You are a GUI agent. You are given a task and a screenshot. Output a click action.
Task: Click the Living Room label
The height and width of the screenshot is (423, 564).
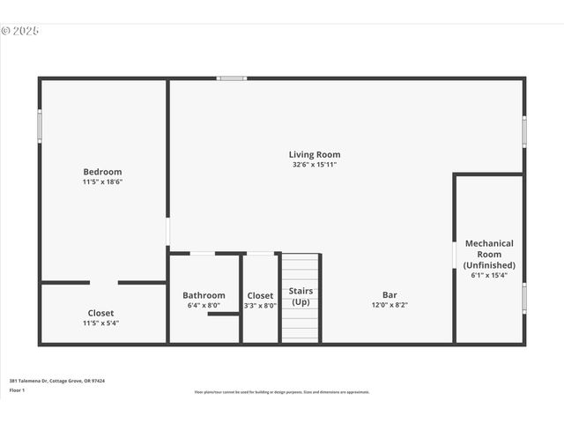315,155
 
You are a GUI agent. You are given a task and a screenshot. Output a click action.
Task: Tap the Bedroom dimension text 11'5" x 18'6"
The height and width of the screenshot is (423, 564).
102,182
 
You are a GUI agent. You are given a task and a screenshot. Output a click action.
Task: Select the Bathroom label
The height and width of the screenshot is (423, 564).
204,295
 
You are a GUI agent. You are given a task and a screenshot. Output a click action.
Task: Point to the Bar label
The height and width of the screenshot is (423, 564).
389,295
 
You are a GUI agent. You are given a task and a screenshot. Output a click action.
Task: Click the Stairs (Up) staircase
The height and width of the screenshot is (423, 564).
301,298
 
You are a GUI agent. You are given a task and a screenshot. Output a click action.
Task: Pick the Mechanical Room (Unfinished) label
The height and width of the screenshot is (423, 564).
489,254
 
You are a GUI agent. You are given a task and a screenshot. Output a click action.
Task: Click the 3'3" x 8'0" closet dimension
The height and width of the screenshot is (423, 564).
260,306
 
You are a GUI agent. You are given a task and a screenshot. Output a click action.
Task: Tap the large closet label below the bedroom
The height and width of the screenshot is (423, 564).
100,313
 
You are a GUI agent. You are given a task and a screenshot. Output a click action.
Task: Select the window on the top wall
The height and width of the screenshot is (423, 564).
232,78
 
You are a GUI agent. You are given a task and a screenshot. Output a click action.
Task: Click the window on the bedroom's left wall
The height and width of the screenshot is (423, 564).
40,125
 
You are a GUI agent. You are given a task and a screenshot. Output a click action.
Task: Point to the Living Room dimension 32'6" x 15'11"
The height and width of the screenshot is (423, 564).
315,165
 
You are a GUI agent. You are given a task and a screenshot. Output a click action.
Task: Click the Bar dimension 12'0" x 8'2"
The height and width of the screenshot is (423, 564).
389,306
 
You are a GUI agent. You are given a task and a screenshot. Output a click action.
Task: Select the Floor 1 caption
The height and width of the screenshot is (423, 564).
18,390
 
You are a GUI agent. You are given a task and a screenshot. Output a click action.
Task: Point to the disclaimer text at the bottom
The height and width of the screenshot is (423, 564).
282,392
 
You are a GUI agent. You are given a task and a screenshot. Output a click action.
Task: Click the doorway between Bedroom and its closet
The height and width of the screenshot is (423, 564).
104,282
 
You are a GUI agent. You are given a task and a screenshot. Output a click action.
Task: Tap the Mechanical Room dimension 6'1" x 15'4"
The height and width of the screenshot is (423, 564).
489,275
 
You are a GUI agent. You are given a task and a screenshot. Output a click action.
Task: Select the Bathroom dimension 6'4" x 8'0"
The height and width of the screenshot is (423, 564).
204,306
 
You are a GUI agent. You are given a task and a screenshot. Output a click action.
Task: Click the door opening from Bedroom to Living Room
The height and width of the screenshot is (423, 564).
167,232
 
